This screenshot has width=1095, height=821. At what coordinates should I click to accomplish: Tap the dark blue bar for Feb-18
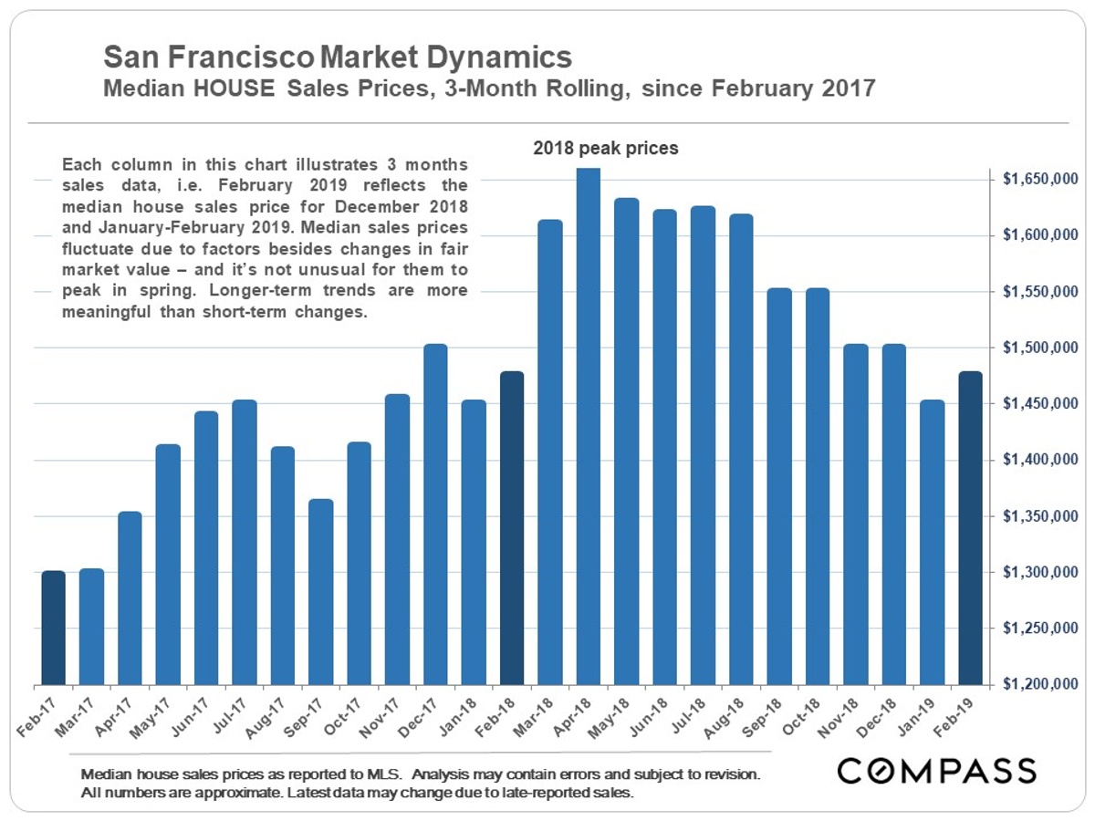pyautogui.click(x=512, y=528)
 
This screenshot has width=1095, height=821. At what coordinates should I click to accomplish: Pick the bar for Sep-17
pyautogui.click(x=321, y=592)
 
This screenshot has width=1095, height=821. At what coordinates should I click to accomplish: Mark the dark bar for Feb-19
pyautogui.click(x=970, y=528)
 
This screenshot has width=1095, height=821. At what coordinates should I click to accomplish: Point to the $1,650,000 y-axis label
pyautogui.click(x=1038, y=181)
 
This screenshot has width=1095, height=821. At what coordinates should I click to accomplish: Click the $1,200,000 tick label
pyautogui.click(x=1038, y=684)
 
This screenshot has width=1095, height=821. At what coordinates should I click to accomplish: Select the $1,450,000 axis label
pyautogui.click(x=1038, y=404)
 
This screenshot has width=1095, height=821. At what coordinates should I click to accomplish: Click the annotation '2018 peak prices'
pyautogui.click(x=606, y=148)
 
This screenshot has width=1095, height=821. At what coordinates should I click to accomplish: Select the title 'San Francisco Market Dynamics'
pyautogui.click(x=338, y=58)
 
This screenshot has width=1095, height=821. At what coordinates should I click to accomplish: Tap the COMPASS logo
pyautogui.click(x=937, y=771)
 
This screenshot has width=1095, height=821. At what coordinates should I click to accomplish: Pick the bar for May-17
pyautogui.click(x=168, y=565)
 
